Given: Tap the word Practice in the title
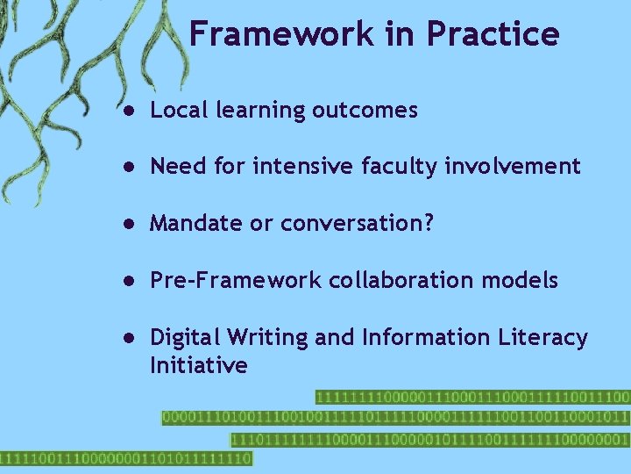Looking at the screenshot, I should tap(493, 34).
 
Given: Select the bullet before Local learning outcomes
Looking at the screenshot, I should tap(128, 111).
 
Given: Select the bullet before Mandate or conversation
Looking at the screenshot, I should tap(128, 224).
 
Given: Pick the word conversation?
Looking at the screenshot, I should tap(357, 224).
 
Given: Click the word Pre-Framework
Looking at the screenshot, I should tap(235, 280).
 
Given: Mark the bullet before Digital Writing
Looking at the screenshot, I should tap(128, 338).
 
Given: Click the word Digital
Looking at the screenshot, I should tap(184, 338).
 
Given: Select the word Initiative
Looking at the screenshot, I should tap(199, 365).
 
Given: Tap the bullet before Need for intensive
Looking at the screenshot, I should tap(128, 167).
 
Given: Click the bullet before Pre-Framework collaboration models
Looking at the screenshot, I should tap(128, 281).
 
